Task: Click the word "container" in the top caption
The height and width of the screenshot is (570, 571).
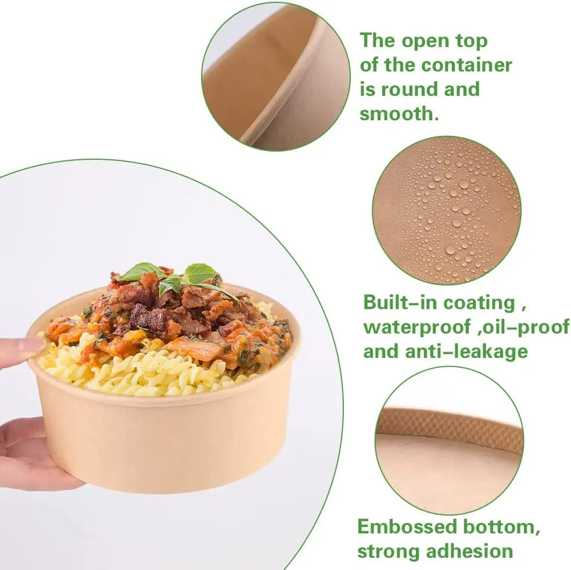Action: [467, 65]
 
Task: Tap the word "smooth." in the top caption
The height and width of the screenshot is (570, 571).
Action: [398, 113]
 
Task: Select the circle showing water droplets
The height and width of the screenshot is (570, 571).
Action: [446, 210]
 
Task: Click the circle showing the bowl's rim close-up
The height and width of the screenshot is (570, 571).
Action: [276, 77]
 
